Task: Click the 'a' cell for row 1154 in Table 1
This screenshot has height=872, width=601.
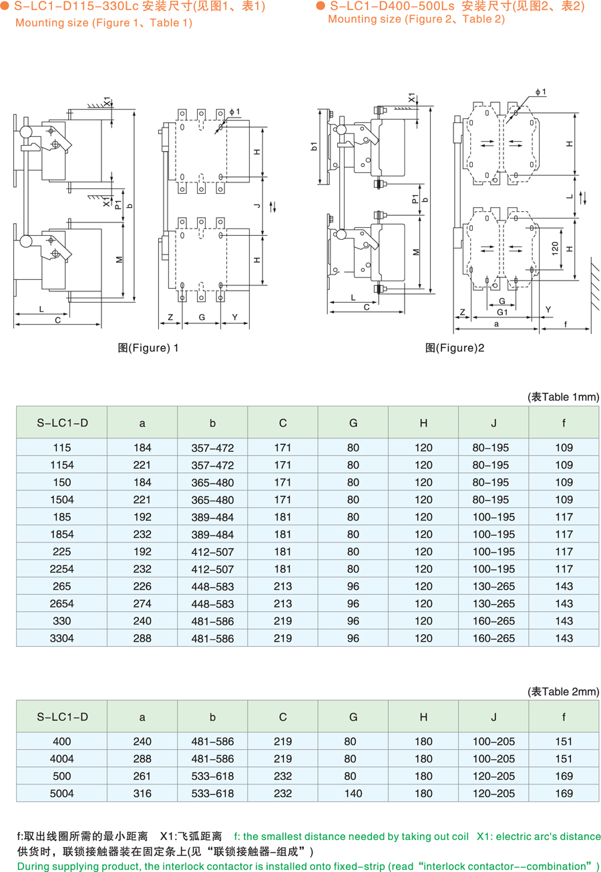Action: pos(142,465)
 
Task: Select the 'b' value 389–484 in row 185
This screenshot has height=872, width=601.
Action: pos(212,517)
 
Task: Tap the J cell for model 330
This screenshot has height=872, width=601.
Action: pos(493,621)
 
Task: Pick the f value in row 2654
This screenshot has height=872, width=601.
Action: pos(564,603)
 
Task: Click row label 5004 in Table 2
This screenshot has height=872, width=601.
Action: pos(62,793)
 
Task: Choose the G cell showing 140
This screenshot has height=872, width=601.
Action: pos(353,793)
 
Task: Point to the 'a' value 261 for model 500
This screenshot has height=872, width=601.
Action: pos(142,776)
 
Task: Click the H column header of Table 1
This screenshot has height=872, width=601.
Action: pos(423,423)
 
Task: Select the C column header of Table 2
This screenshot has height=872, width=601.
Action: pos(282,717)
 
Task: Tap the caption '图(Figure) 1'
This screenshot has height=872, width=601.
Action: pos(148,347)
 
